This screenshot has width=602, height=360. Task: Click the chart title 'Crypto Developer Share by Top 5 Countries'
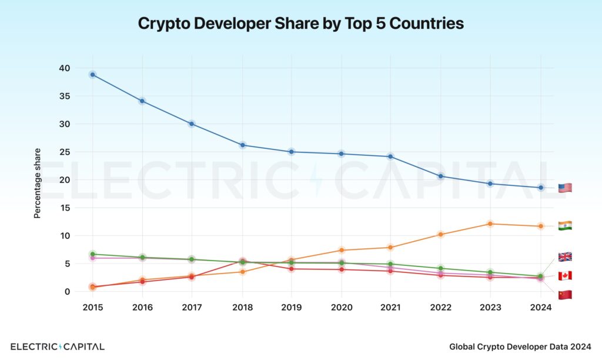click(300, 24)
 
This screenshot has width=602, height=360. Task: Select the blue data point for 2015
click(92, 75)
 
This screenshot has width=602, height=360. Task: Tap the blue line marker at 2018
click(242, 145)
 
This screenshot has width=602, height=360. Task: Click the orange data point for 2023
click(490, 224)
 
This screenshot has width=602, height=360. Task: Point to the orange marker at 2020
click(342, 250)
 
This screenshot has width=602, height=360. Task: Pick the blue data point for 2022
click(441, 176)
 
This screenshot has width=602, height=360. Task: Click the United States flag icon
click(564, 188)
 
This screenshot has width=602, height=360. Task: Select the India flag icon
click(564, 226)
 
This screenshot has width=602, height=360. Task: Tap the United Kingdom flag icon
click(564, 257)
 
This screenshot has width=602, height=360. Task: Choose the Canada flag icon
click(564, 276)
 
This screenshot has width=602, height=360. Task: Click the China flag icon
click(564, 295)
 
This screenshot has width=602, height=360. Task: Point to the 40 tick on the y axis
click(64, 68)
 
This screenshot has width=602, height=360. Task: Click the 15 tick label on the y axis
click(64, 208)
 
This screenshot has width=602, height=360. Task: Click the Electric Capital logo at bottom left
click(58, 346)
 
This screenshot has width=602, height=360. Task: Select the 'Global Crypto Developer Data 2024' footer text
click(520, 347)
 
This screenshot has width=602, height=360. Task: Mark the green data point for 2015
click(92, 254)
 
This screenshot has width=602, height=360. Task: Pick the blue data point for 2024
click(540, 188)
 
